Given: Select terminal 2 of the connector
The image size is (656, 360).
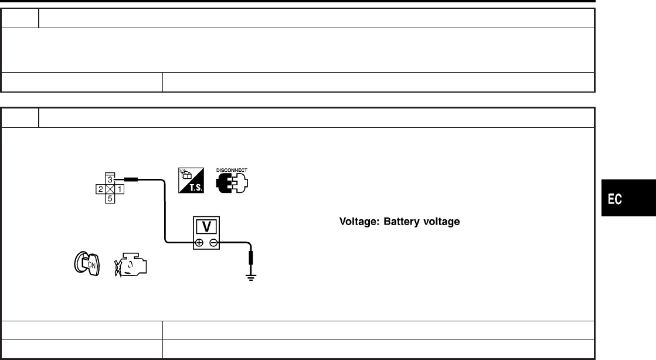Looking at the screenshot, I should (x=101, y=189).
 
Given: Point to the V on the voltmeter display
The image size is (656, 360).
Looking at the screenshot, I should (x=206, y=226).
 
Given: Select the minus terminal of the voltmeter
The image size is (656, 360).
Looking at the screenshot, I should (x=213, y=242).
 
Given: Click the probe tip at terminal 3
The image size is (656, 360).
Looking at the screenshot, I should (x=131, y=181).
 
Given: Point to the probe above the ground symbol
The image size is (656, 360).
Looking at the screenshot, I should (x=253, y=258).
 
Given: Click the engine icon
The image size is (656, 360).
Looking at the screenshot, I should (x=130, y=264).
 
